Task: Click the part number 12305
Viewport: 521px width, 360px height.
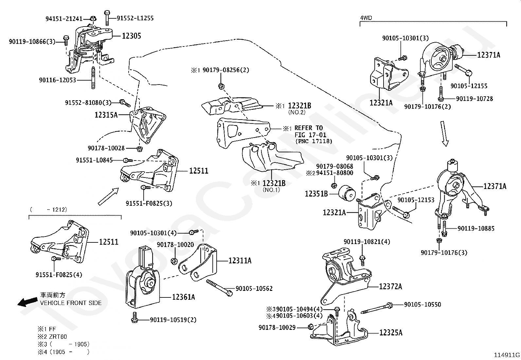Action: coord(132,36)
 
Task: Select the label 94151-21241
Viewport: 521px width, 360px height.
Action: coord(64,19)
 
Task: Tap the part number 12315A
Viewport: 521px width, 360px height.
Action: coord(106,115)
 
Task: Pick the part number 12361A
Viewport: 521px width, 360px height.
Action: coord(184,297)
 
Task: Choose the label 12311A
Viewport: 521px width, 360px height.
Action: coord(240,261)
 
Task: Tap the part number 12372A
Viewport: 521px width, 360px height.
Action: coord(390,287)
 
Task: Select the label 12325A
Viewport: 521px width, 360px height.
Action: coord(391,333)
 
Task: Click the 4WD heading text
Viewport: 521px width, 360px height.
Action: coord(366,18)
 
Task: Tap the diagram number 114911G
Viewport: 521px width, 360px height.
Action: coord(507,355)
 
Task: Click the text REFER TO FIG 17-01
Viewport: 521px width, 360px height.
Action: coord(308,131)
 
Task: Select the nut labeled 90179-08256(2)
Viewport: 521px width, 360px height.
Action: coord(221,86)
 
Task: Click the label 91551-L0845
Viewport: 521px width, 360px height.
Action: coord(94,160)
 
